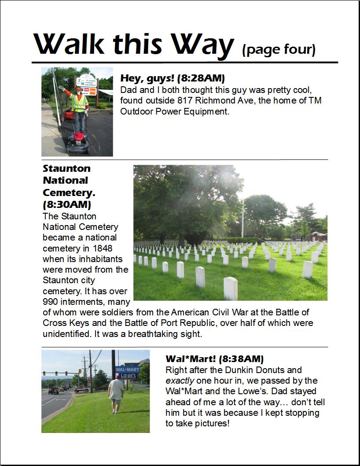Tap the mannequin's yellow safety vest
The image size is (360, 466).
tap(79, 102)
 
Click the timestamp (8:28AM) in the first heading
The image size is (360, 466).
tap(201, 79)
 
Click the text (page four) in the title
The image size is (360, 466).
tap(279, 49)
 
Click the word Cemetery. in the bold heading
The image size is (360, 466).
tap(69, 192)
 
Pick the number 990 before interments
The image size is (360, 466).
tap(52, 302)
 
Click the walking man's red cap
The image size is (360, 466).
tap(117, 377)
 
